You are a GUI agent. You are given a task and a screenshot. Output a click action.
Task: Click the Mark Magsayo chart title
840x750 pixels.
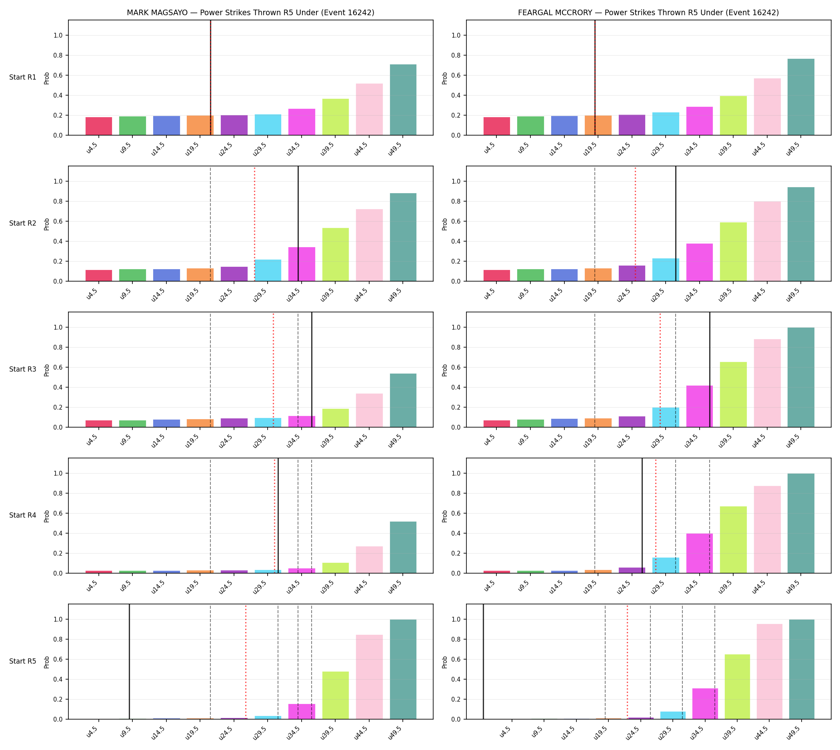pyautogui.click(x=250, y=12)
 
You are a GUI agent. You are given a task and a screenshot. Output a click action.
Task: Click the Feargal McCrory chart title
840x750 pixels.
pyautogui.click(x=648, y=12)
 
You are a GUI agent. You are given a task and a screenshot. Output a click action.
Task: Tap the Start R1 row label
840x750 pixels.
pyautogui.click(x=23, y=77)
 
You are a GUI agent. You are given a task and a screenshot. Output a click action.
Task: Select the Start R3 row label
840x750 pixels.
pyautogui.click(x=23, y=369)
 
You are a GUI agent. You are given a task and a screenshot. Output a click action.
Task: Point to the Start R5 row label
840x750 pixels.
pyautogui.click(x=23, y=661)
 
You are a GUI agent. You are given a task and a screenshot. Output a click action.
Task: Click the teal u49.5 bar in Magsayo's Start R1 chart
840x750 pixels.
pyautogui.click(x=403, y=100)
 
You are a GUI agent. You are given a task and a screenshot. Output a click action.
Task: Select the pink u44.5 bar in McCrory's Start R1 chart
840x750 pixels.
pyautogui.click(x=767, y=107)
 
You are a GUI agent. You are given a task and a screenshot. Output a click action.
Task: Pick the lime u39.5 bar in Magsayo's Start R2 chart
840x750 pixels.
pyautogui.click(x=336, y=254)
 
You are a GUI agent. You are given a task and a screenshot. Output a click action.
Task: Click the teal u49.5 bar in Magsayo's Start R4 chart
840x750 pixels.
pyautogui.click(x=403, y=547)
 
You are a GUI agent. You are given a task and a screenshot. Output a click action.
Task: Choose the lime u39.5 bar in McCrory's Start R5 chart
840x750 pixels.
pyautogui.click(x=737, y=686)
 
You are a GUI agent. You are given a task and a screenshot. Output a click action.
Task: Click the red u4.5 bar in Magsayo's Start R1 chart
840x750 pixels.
pyautogui.click(x=99, y=126)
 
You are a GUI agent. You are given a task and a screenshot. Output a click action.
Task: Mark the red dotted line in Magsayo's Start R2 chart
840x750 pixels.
pyautogui.click(x=254, y=224)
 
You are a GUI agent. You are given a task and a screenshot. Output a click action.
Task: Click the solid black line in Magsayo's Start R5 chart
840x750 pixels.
pyautogui.click(x=130, y=662)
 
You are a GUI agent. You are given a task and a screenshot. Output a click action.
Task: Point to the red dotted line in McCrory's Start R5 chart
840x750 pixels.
pyautogui.click(x=627, y=662)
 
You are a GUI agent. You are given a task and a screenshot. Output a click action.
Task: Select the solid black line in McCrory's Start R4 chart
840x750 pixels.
pyautogui.click(x=642, y=516)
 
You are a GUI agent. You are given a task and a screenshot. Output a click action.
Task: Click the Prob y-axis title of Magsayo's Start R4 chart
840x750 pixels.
pyautogui.click(x=46, y=516)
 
